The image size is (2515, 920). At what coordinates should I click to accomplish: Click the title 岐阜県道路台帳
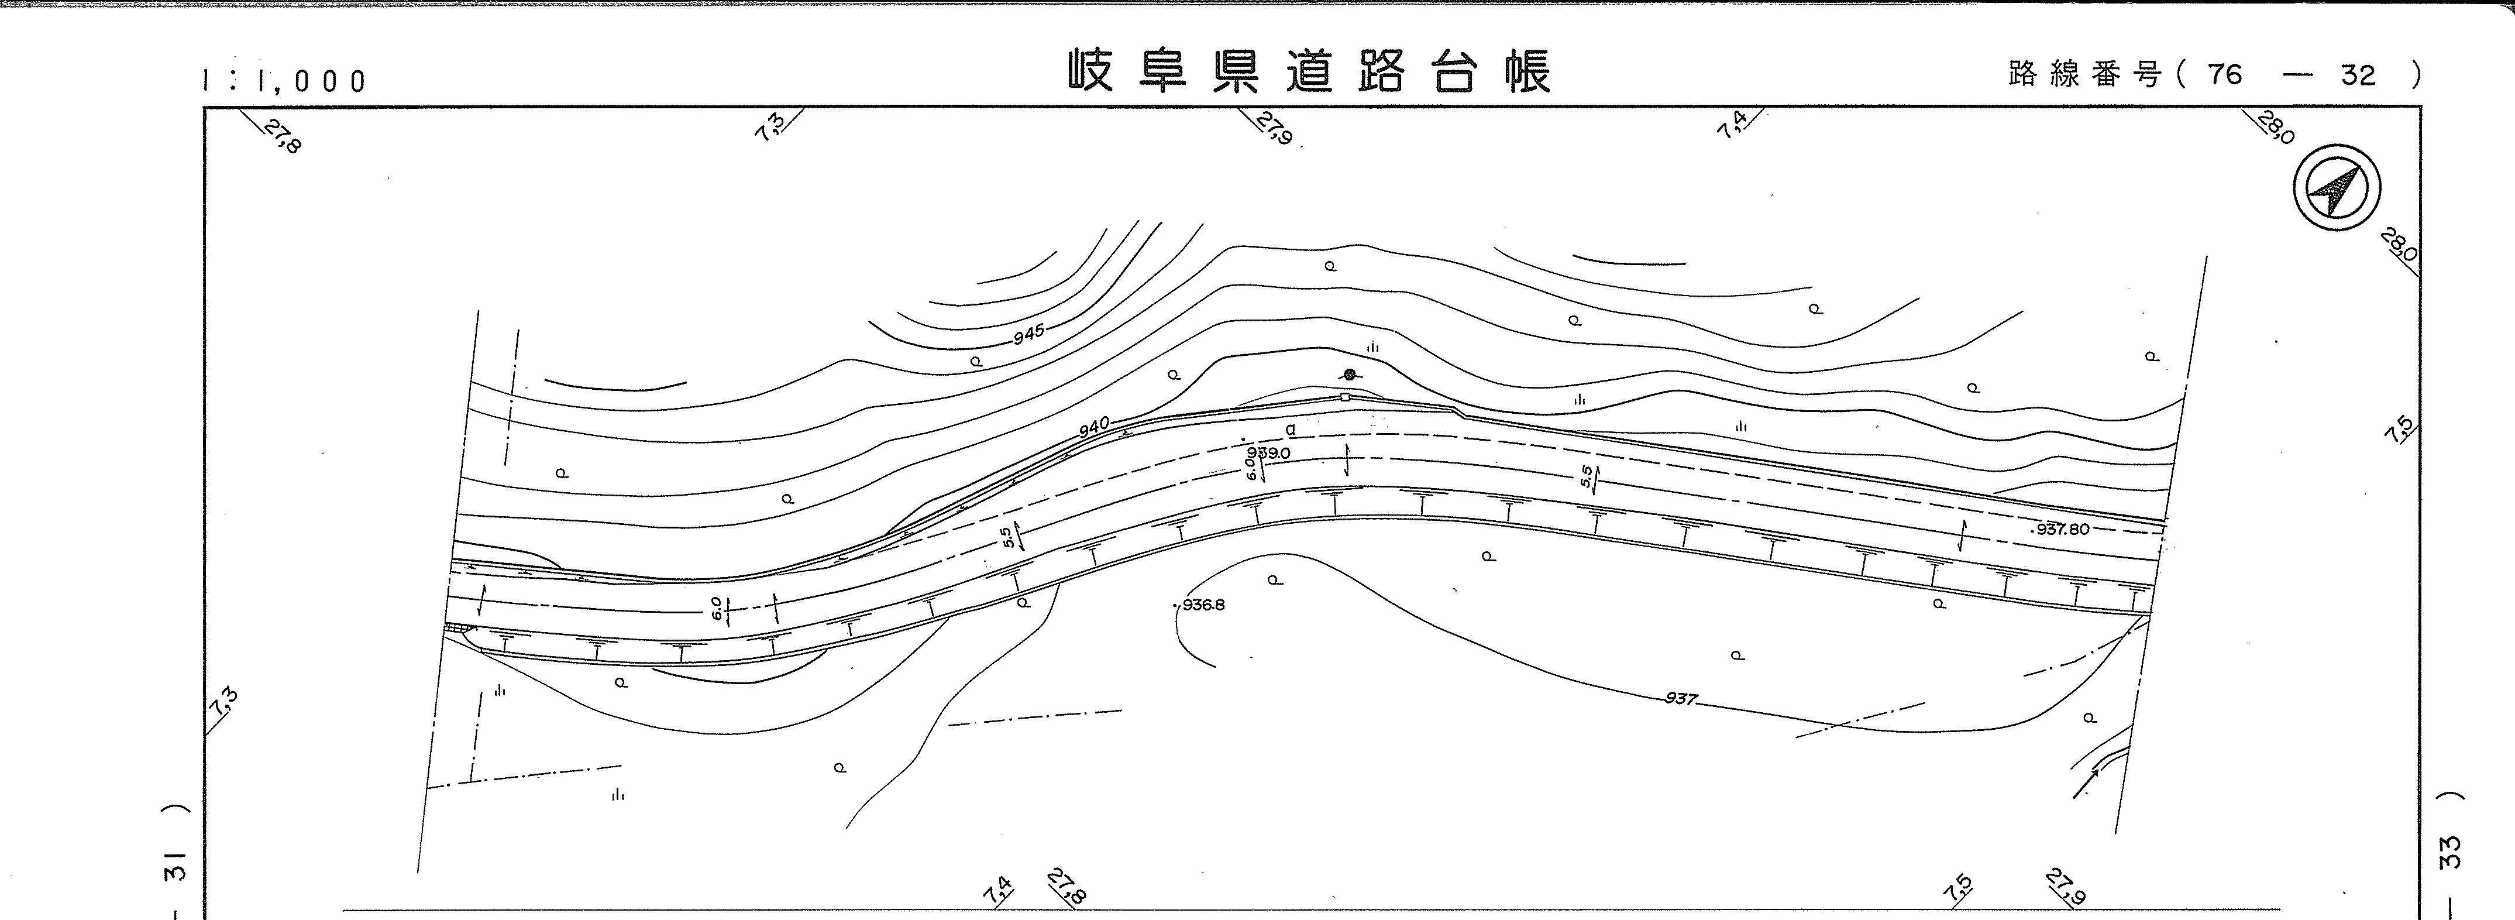pyautogui.click(x=1308, y=72)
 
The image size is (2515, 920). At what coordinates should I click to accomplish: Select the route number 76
pyautogui.click(x=2225, y=74)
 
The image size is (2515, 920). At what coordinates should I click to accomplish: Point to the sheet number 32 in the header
pyautogui.click(x=2358, y=74)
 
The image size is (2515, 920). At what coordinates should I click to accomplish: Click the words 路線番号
pyautogui.click(x=2084, y=74)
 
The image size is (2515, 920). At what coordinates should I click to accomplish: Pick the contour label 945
pyautogui.click(x=1028, y=335)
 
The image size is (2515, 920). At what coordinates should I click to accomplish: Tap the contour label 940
pyautogui.click(x=1095, y=427)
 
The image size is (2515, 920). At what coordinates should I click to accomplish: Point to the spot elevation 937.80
pyautogui.click(x=2062, y=529)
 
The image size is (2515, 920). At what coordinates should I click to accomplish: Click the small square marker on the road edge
pyautogui.click(x=1346, y=397)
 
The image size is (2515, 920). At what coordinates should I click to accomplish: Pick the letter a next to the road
pyautogui.click(x=1291, y=429)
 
